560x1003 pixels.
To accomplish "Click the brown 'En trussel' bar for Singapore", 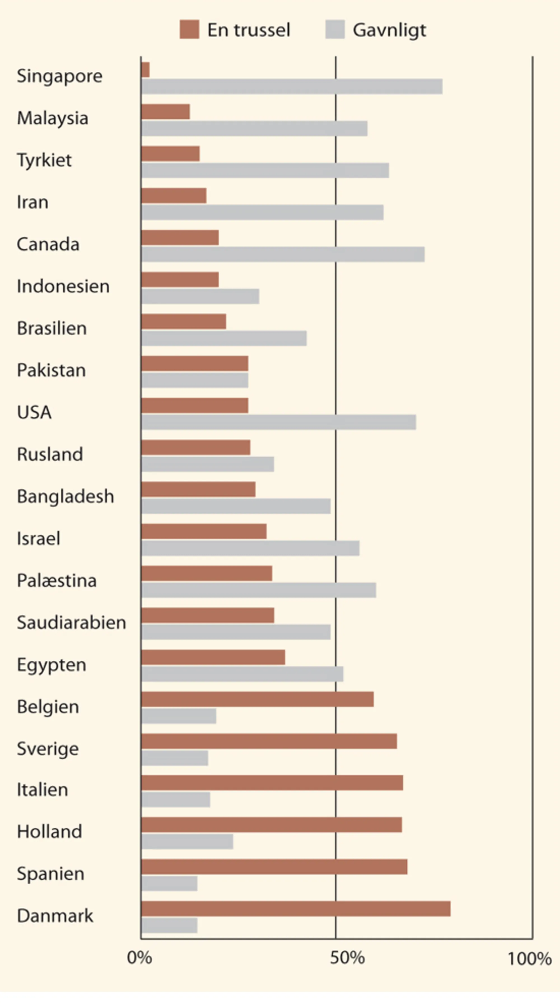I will point(145,70).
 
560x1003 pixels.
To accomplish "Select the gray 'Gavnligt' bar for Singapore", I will point(291,86).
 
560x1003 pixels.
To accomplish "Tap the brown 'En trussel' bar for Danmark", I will point(296,908).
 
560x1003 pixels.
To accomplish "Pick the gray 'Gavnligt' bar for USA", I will point(278,422).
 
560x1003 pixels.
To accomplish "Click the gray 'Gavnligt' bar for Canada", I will point(283,254).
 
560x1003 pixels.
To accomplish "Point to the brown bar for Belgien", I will point(257,699).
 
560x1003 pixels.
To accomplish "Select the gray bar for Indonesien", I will point(200,296).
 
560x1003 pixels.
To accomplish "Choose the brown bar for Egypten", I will point(213,657).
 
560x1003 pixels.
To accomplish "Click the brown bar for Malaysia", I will point(165,112).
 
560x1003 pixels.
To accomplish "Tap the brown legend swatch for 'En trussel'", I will point(189,30).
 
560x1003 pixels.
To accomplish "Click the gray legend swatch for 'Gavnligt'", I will point(335,30).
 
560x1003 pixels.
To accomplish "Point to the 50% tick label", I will point(347,958).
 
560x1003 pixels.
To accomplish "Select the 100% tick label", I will point(529,959).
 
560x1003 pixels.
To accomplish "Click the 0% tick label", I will point(139,958).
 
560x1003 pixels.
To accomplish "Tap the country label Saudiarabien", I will point(71,623).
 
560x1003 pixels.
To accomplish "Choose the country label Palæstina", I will point(57,581).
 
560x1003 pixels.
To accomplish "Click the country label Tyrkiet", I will point(44,160).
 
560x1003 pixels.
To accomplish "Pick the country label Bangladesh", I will point(66,496).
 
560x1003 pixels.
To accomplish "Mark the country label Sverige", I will point(48,749).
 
